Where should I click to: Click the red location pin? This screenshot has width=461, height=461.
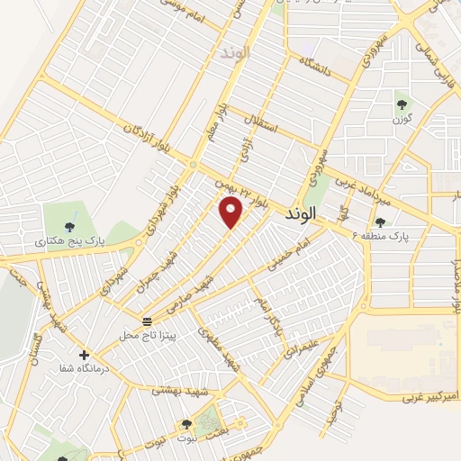[x=231, y=212]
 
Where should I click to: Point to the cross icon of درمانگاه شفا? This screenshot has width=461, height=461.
[x=85, y=355]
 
